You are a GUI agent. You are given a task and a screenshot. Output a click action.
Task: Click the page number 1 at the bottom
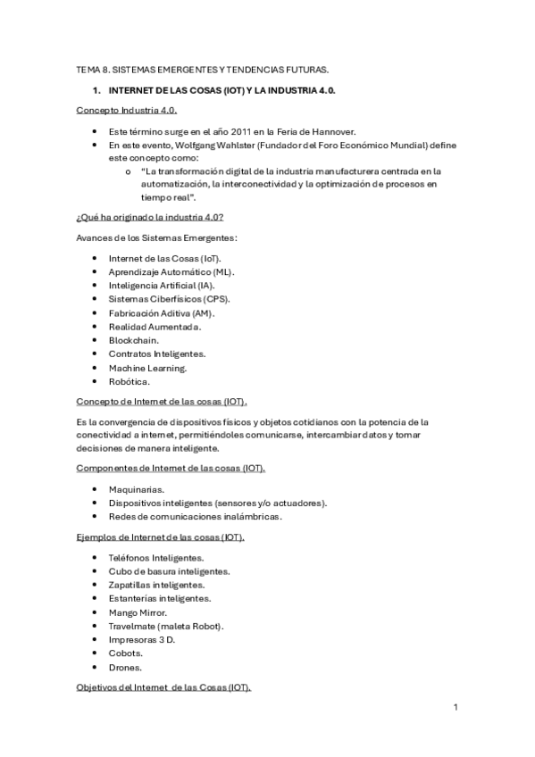click(x=455, y=709)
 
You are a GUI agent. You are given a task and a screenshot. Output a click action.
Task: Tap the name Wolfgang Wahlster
click(x=209, y=144)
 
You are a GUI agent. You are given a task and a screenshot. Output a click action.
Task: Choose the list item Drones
click(x=125, y=667)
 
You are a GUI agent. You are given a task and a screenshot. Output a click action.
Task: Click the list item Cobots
click(x=126, y=653)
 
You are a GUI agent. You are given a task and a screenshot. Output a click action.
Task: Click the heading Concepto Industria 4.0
click(x=126, y=110)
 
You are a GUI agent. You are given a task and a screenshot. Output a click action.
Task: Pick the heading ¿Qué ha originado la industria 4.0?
click(x=149, y=218)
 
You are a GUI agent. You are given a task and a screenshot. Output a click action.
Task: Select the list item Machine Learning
click(x=148, y=367)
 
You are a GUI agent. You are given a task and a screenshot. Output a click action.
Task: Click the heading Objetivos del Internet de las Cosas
click(x=163, y=687)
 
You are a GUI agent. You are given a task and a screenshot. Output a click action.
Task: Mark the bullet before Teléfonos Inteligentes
click(x=96, y=558)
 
